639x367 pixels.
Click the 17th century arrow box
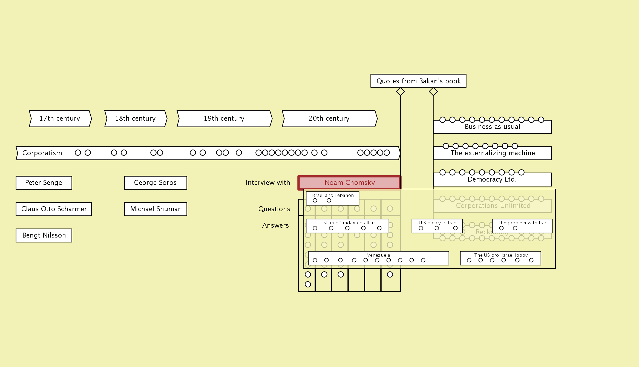point(60,118)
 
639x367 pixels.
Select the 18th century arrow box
point(136,118)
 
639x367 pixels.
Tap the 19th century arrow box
point(224,118)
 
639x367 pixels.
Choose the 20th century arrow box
point(329,118)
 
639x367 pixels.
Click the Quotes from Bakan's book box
point(418,81)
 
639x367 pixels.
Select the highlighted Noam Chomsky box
point(349,183)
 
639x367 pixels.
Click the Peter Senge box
point(44,183)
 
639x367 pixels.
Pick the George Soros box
point(156,183)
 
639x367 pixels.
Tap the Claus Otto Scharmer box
point(54,209)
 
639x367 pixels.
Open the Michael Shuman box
point(156,209)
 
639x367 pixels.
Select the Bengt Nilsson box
point(44,235)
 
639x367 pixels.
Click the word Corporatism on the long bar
point(42,153)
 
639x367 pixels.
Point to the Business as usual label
point(492,127)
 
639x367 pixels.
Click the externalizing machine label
point(493,153)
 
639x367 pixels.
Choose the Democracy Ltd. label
point(492,179)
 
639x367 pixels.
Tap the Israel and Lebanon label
point(333,196)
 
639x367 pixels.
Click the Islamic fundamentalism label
point(349,223)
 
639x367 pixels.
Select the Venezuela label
point(378,255)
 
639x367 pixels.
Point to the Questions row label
point(274,209)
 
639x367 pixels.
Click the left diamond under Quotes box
point(400,92)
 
